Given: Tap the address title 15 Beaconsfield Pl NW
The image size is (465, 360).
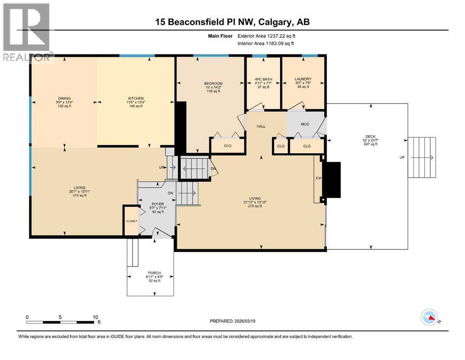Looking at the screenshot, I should point(232,22).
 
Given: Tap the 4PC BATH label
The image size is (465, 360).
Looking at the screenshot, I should point(263,79).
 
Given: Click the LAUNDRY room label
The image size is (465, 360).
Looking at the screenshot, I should point(303,79).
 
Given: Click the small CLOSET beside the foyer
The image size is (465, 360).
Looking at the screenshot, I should point(131,220).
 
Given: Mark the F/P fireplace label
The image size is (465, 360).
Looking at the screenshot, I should point(318,178).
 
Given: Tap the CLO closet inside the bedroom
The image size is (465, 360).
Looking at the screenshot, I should point(227,146).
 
